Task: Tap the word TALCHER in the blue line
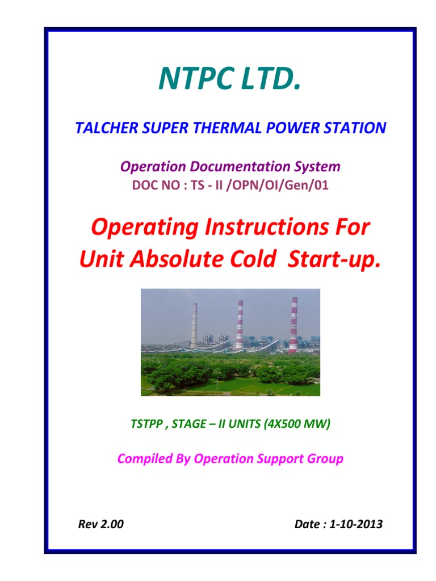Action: [101, 128]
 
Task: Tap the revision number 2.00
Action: [112, 524]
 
